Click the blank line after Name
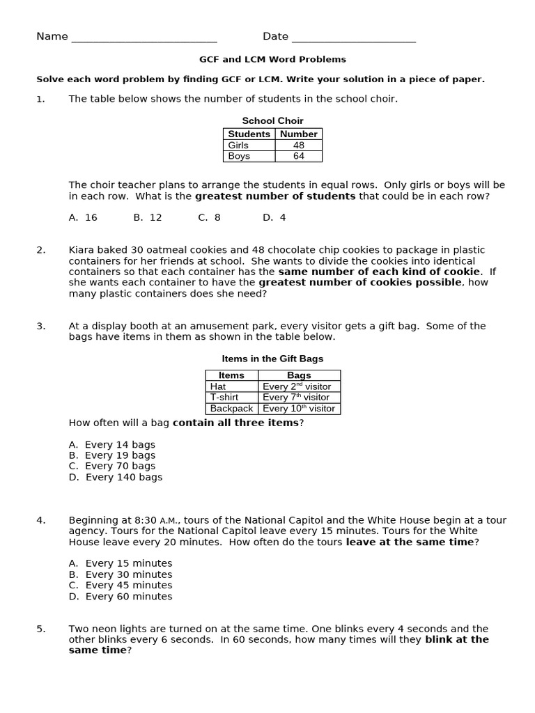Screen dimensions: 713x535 point(144,38)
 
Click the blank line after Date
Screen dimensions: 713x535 point(353,38)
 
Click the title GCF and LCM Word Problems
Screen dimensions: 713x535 point(272,60)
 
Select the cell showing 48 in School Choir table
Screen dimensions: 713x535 point(299,146)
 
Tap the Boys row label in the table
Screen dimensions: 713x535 point(238,157)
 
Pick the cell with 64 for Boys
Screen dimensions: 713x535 point(299,157)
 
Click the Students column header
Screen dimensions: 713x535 point(249,134)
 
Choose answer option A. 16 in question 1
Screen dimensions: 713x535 point(83,218)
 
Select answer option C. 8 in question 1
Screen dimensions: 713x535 point(209,218)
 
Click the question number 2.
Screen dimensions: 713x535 point(41,250)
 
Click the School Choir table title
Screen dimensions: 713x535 point(272,121)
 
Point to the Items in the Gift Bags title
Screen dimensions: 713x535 point(272,359)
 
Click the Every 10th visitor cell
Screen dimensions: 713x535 point(299,409)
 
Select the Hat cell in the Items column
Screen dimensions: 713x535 point(218,386)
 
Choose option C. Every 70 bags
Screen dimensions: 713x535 point(111,467)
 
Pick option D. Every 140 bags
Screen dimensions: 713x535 point(115,478)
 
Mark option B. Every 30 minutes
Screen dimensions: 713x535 point(120,575)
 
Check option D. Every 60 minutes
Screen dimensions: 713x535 point(120,597)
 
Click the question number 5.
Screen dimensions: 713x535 point(41,629)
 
